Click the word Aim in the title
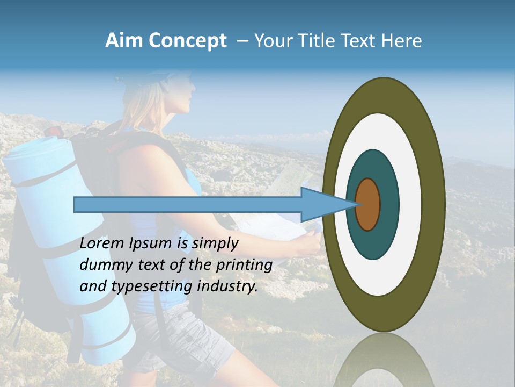[124, 41]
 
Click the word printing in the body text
[244, 265]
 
